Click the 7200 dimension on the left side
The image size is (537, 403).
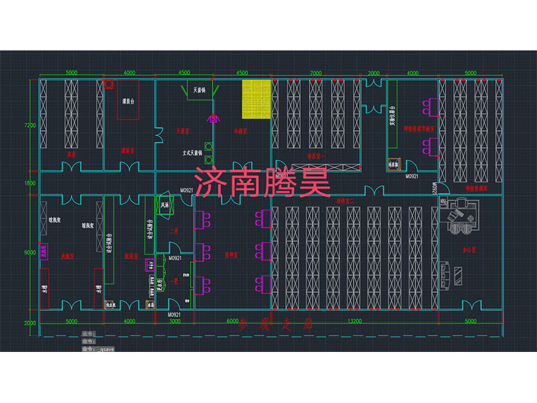pyautogui.click(x=29, y=125)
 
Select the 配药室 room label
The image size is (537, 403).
pyautogui.click(x=131, y=256)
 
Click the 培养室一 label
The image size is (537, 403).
pyautogui.click(x=315, y=156)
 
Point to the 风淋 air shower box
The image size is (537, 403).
pyautogui.click(x=166, y=204)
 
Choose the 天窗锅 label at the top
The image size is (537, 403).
pyautogui.click(x=199, y=89)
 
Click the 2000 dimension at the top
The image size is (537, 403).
pyautogui.click(x=374, y=73)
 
